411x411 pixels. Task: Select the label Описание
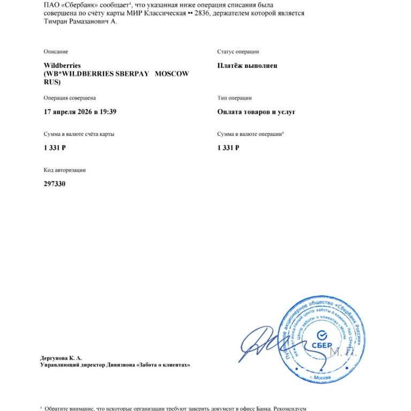[x=56, y=51]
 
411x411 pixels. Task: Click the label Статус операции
[x=238, y=51]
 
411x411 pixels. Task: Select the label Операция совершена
[x=70, y=98]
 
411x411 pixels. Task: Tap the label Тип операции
[x=234, y=98]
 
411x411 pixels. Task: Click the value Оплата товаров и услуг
[x=256, y=112]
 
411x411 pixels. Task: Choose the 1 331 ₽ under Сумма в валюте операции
[x=228, y=148]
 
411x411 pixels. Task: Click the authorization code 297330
[x=55, y=184]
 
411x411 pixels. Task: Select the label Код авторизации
[x=65, y=170]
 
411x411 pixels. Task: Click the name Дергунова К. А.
[x=61, y=357]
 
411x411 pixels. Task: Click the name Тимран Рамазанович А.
[x=79, y=21]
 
